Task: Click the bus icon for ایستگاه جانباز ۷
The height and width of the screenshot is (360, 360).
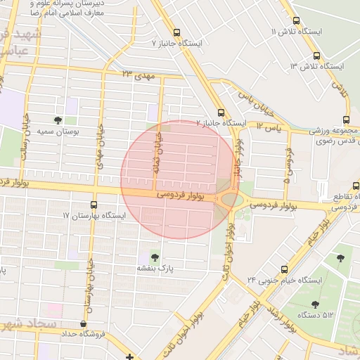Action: click(x=176, y=32)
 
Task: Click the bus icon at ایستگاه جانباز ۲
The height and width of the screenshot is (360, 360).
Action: click(x=221, y=112)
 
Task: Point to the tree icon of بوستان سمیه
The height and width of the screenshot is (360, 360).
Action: click(x=58, y=120)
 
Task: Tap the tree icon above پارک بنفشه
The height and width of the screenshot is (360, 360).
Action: click(x=155, y=256)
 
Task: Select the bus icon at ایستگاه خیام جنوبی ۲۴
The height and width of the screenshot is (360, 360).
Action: click(x=285, y=269)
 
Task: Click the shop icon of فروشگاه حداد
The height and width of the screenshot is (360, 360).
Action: click(x=84, y=324)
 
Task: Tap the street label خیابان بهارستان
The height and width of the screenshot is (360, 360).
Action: click(x=89, y=295)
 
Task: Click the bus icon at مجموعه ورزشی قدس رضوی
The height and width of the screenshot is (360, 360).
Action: click(x=345, y=119)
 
